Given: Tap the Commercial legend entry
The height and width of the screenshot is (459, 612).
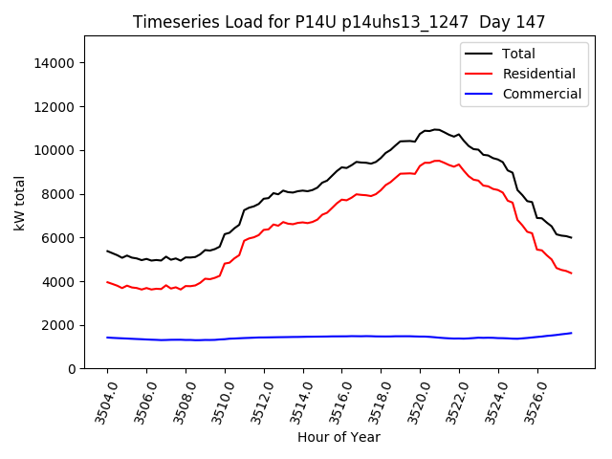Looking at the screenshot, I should pyautogui.click(x=541, y=94).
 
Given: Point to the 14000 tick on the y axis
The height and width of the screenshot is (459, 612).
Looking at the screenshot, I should pyautogui.click(x=55, y=63).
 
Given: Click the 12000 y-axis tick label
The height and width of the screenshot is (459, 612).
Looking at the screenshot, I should pyautogui.click(x=55, y=107).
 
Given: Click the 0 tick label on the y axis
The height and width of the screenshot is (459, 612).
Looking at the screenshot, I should pyautogui.click(x=72, y=369).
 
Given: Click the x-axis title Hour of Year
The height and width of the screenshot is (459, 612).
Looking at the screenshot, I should pyautogui.click(x=339, y=437).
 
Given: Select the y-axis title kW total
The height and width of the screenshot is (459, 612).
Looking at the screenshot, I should pyautogui.click(x=19, y=202).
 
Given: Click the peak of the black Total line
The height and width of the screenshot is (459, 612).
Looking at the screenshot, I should pyautogui.click(x=436, y=129).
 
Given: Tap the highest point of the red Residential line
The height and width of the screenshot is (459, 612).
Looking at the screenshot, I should pyautogui.click(x=437, y=161).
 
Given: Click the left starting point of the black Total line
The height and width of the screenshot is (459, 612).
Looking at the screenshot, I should pyautogui.click(x=107, y=251).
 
